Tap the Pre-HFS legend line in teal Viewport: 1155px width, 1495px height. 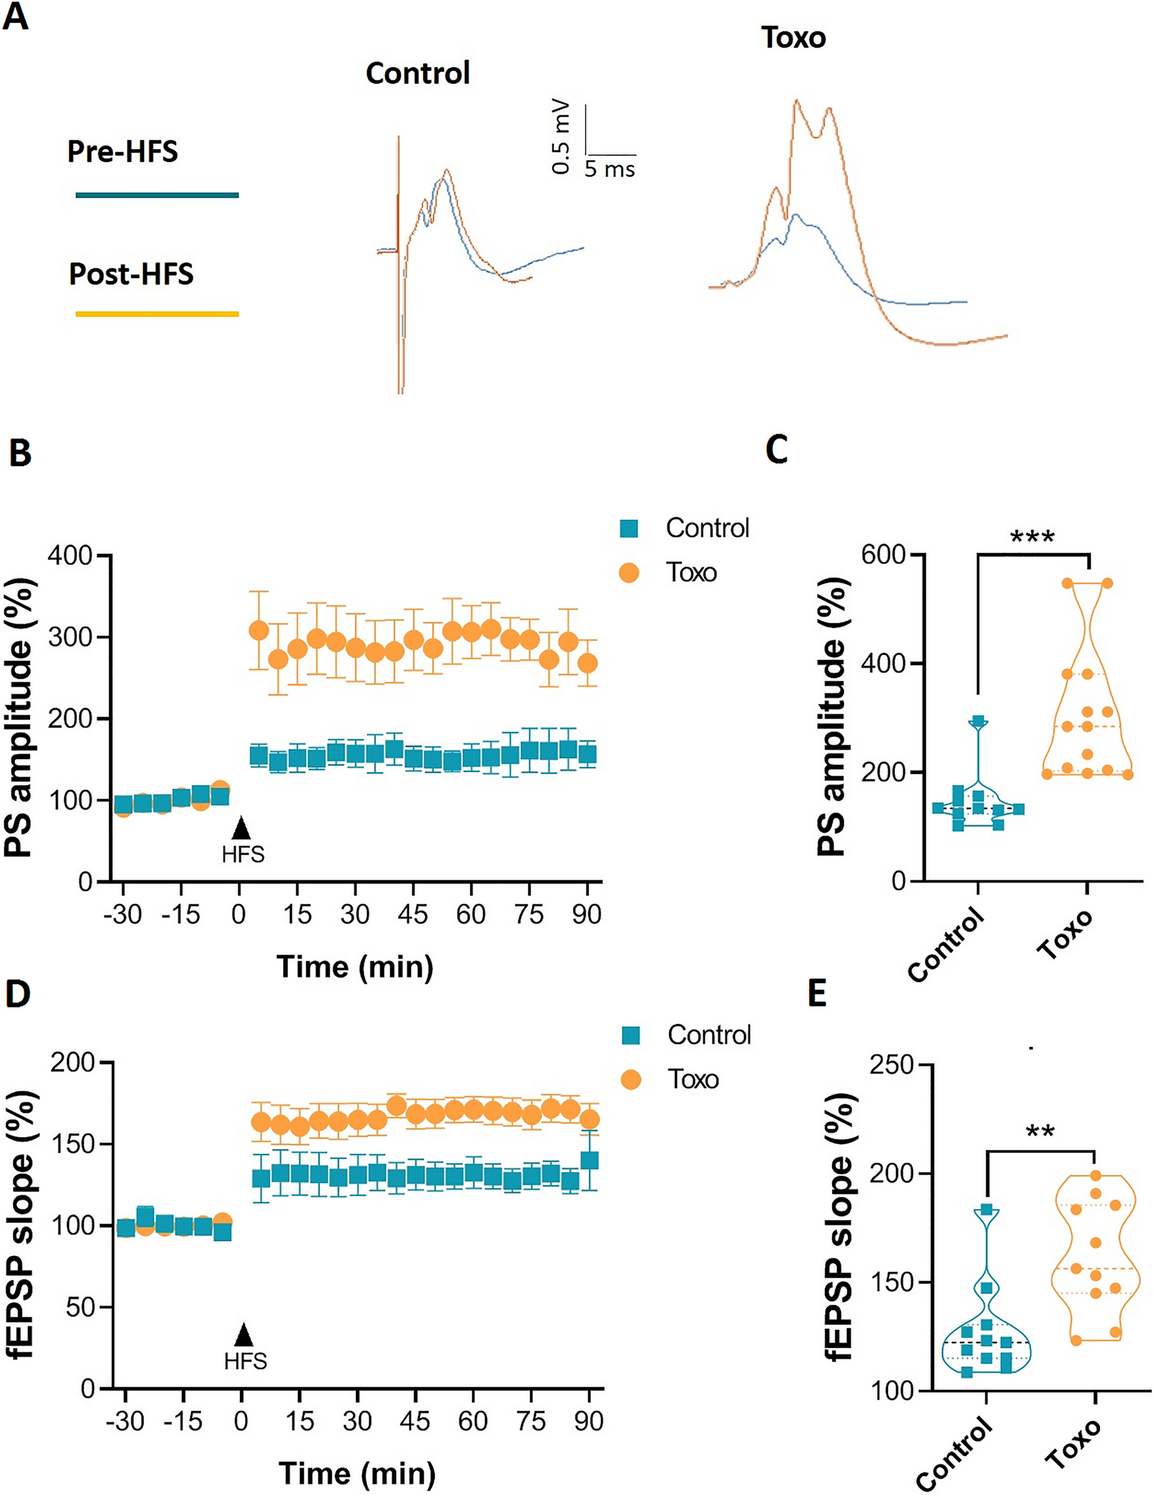(157, 195)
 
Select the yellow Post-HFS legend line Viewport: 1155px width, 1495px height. (157, 314)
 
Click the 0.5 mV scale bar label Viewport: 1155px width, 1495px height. (561, 138)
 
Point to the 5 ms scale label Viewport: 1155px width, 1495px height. (610, 169)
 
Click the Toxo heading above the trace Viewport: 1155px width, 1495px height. (794, 38)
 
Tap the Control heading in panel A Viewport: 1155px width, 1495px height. (417, 73)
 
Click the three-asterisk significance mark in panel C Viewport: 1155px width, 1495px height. (1032, 538)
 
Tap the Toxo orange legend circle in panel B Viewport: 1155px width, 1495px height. (629, 573)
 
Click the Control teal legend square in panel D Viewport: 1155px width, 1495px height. (631, 1035)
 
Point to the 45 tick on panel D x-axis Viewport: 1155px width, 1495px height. (415, 1421)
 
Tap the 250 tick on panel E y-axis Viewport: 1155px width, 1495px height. (892, 1065)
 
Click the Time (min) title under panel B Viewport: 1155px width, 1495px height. (355, 967)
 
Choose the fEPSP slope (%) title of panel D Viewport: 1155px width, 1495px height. (21, 1225)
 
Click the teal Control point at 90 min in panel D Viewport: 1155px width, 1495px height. (589, 1161)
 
